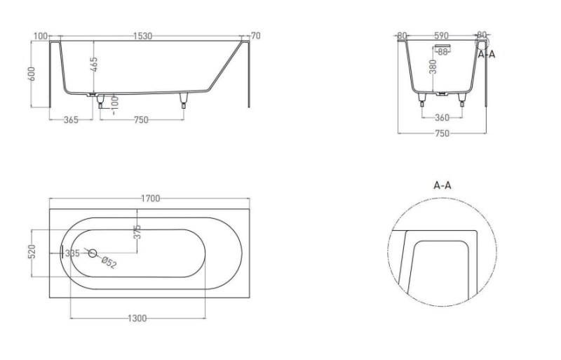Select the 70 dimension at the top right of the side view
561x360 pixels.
255,35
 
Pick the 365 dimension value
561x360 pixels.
70,120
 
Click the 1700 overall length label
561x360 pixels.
150,199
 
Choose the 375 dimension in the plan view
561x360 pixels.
138,232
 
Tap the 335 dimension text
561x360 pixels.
71,253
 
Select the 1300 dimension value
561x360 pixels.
137,319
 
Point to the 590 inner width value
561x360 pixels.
442,35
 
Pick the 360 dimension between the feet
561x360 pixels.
442,119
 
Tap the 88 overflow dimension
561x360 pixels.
442,51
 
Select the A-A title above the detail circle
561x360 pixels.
442,185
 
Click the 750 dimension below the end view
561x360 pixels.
442,133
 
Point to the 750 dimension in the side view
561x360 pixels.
140,120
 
